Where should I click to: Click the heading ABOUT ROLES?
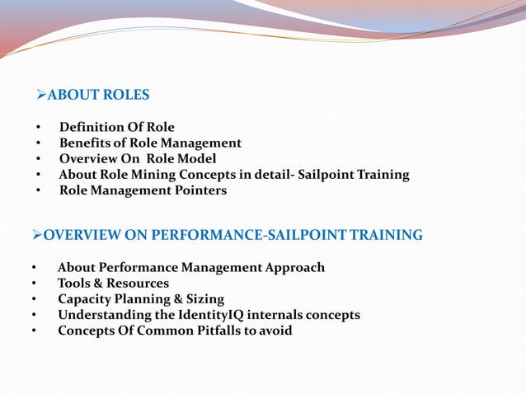coord(98,95)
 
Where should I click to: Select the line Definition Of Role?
coord(116,127)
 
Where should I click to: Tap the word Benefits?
coord(85,143)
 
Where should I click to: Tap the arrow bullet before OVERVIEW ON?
coord(36,235)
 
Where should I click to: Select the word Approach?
coord(294,267)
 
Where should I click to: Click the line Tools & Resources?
coord(113,283)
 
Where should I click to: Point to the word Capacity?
coord(85,298)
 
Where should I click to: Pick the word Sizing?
coord(204,298)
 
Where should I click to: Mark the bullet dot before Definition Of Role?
coord(38,128)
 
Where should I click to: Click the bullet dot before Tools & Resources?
coord(34,284)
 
